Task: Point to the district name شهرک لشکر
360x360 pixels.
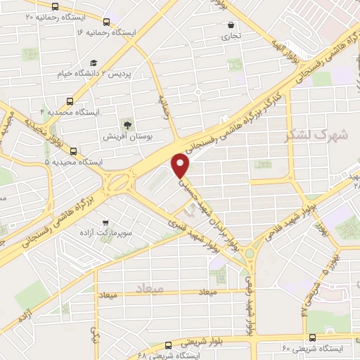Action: pyautogui.click(x=314, y=136)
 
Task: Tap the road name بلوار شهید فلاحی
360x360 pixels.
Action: pyautogui.click(x=292, y=217)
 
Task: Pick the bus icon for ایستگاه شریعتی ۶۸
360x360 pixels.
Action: pyautogui.click(x=167, y=345)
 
